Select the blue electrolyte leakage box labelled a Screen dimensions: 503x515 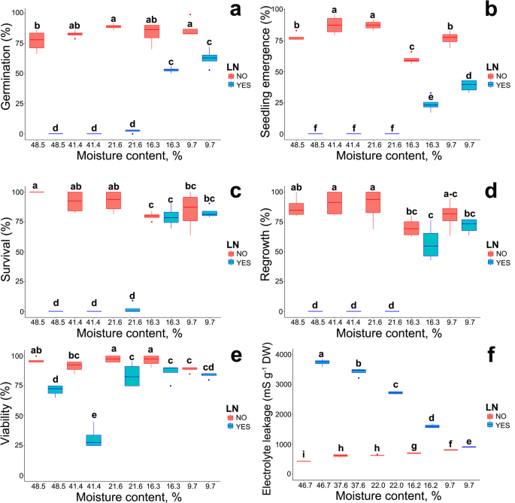point(322,362)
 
